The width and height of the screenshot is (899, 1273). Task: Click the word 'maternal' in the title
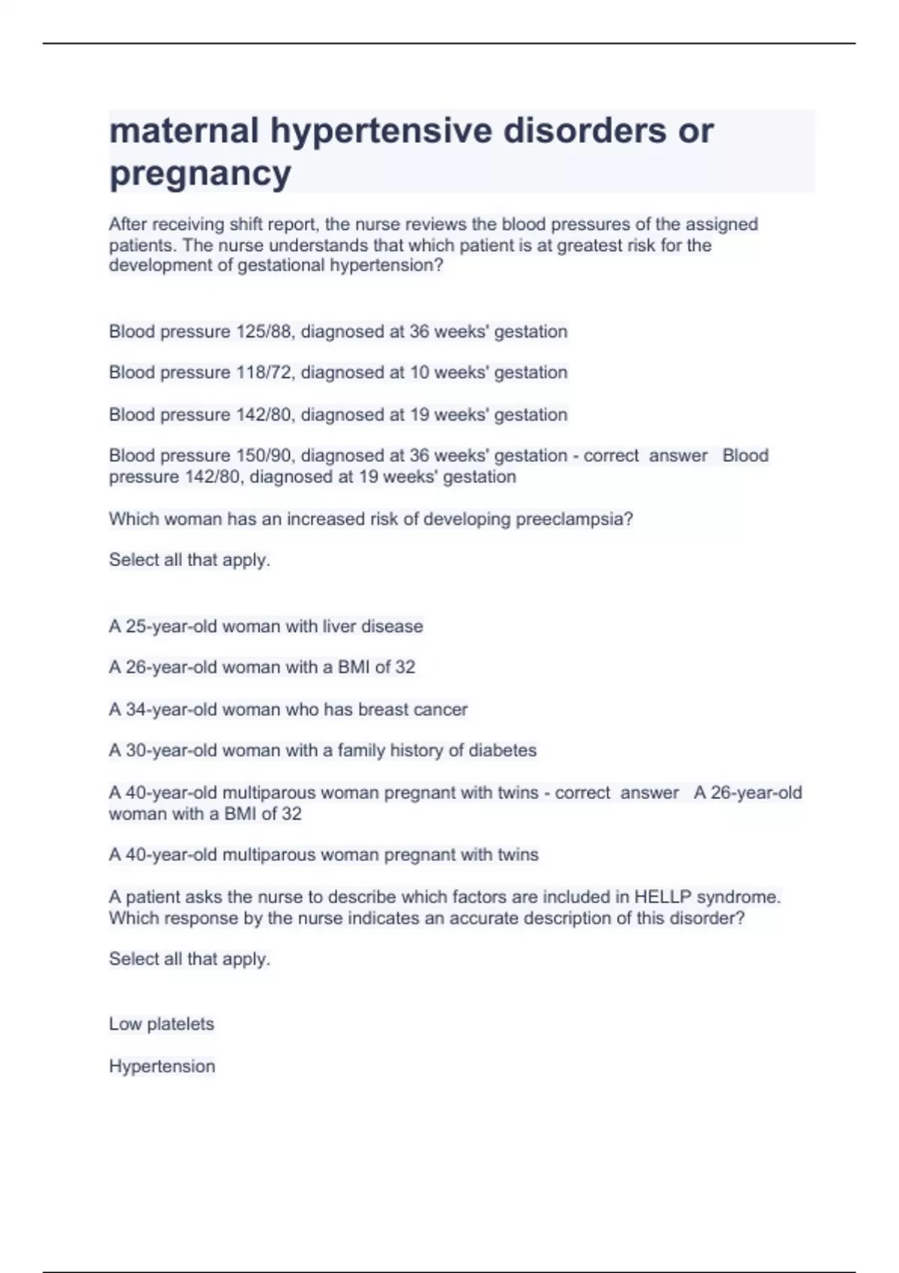tap(184, 130)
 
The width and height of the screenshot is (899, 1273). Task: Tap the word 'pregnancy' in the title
tap(200, 174)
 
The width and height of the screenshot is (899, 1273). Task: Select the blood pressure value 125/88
tap(263, 332)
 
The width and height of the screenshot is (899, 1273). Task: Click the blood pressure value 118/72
tap(263, 373)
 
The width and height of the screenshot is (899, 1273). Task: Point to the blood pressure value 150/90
tap(263, 456)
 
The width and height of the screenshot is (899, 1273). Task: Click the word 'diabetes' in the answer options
tap(503, 750)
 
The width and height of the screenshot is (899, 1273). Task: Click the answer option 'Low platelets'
tap(162, 1024)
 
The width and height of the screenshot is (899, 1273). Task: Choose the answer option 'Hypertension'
tap(162, 1066)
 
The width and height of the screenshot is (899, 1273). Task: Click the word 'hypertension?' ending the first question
tap(387, 266)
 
